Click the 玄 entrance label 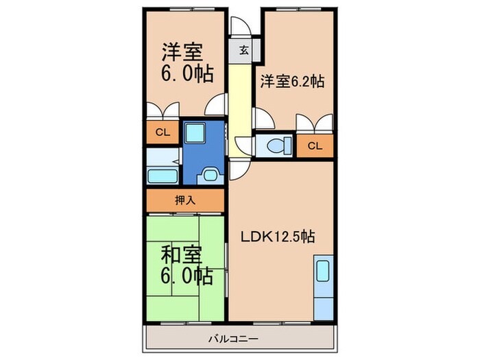pyautogui.click(x=243, y=49)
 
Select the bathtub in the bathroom pyautogui.click(x=161, y=174)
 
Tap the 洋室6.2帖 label pyautogui.click(x=291, y=81)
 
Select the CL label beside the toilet pyautogui.click(x=314, y=145)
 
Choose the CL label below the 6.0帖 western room pyautogui.click(x=163, y=133)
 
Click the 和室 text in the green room pyautogui.click(x=182, y=254)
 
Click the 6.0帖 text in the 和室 pyautogui.click(x=187, y=276)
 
